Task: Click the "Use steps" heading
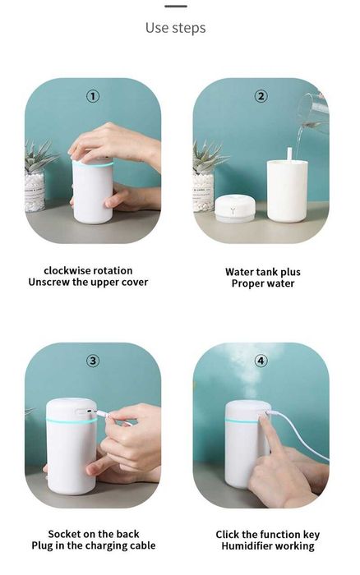[175, 28]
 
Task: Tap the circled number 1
[93, 96]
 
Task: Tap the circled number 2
[261, 96]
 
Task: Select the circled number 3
[93, 361]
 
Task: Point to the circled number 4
[261, 361]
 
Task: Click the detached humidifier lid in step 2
[234, 209]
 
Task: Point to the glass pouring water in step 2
[313, 112]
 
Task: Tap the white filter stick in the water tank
[289, 154]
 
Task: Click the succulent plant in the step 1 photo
[40, 156]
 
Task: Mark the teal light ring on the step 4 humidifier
[242, 421]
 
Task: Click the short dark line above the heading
[176, 7]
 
